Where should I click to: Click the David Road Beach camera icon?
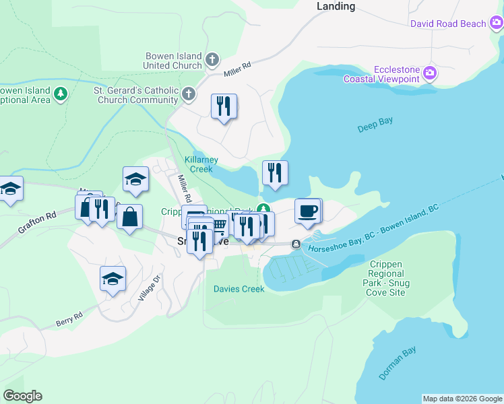point(496,24)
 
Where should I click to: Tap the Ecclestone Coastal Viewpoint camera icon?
point(429,73)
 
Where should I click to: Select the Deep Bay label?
point(375,125)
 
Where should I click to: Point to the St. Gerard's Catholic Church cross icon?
point(189,94)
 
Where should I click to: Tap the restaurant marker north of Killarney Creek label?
point(224,106)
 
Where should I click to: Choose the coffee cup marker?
point(308,211)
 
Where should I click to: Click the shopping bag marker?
point(129,217)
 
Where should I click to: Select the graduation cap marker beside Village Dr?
point(113,279)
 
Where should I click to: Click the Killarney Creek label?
point(201,164)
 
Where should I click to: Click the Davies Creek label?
point(239,289)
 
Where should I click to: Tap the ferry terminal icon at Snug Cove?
point(296,244)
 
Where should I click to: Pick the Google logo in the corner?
point(22,396)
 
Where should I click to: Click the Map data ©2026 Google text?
point(462,399)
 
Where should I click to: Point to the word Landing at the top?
point(336,6)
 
